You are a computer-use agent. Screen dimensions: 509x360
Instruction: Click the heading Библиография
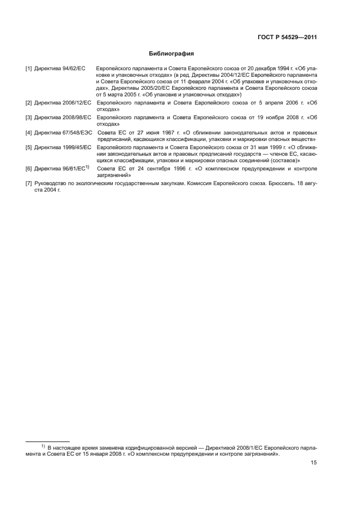tap(172, 54)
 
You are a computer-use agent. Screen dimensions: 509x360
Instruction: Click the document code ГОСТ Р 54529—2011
tap(287, 38)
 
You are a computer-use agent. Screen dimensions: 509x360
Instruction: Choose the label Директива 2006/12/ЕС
tap(62, 102)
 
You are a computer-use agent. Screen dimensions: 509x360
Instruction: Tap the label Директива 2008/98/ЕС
tap(62, 117)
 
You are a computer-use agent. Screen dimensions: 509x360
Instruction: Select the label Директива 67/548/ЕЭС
tap(64, 132)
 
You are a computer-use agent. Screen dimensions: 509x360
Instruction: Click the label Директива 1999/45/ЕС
tap(62, 148)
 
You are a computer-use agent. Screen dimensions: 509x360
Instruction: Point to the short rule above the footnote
tap(48, 441)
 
